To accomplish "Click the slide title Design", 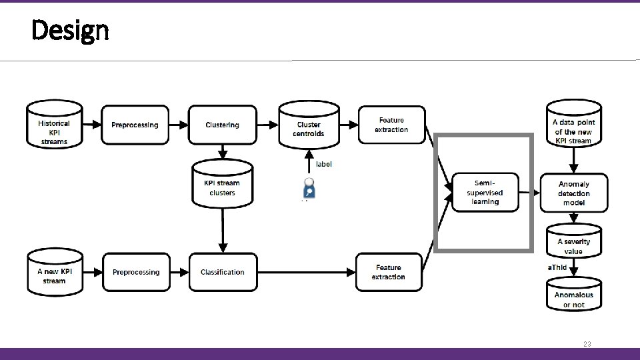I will coord(69,30).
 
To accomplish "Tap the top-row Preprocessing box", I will coord(135,125).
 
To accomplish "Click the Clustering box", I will coord(222,125).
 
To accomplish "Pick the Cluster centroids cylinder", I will coord(309,127).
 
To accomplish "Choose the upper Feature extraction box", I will coord(391,125).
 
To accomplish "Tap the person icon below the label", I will coord(309,188).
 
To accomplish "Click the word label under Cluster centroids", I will coord(323,164).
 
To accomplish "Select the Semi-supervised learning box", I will coord(485,193).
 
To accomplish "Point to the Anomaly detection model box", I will coord(573,193).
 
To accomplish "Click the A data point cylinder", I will coord(573,127).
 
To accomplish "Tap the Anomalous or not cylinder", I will coord(573,297).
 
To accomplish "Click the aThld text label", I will coord(557,267).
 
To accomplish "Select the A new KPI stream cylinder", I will coord(54,273).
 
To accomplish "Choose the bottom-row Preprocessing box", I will coord(136,272).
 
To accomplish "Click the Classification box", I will coord(222,272).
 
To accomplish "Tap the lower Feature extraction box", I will coord(389,272).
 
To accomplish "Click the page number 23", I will coord(587,344).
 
